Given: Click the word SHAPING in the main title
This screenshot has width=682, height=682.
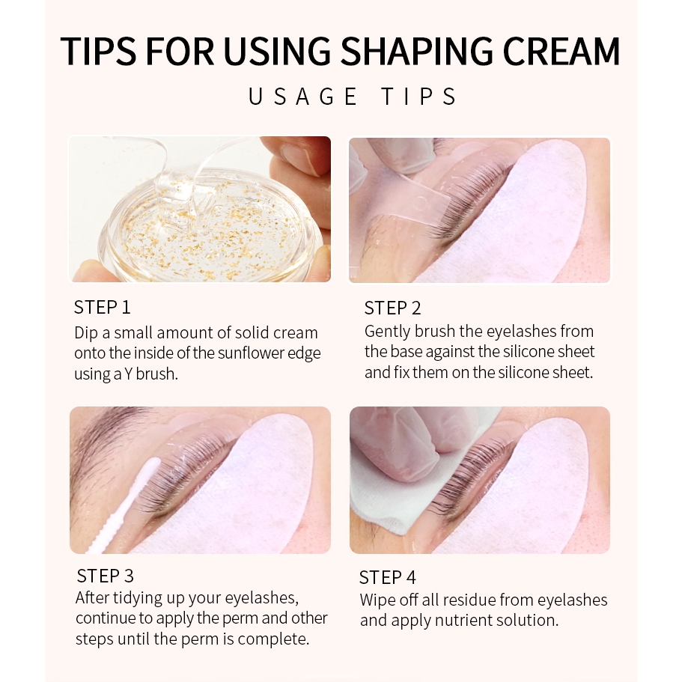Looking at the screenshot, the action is (417, 51).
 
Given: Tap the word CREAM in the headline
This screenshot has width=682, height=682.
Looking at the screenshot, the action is (561, 51).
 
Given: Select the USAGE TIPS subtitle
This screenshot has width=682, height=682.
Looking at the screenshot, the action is (353, 97).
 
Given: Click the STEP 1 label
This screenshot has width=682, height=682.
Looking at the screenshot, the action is (103, 308).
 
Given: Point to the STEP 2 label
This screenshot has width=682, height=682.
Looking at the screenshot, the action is (393, 308).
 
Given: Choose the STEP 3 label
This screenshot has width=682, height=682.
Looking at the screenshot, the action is (106, 576).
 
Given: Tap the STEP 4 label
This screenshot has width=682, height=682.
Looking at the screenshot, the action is (388, 578).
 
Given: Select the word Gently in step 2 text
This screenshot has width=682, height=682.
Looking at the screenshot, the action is (387, 332).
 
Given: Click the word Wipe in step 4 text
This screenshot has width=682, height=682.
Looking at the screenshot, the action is (377, 600).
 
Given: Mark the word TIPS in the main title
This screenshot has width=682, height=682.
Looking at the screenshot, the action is (98, 51).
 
